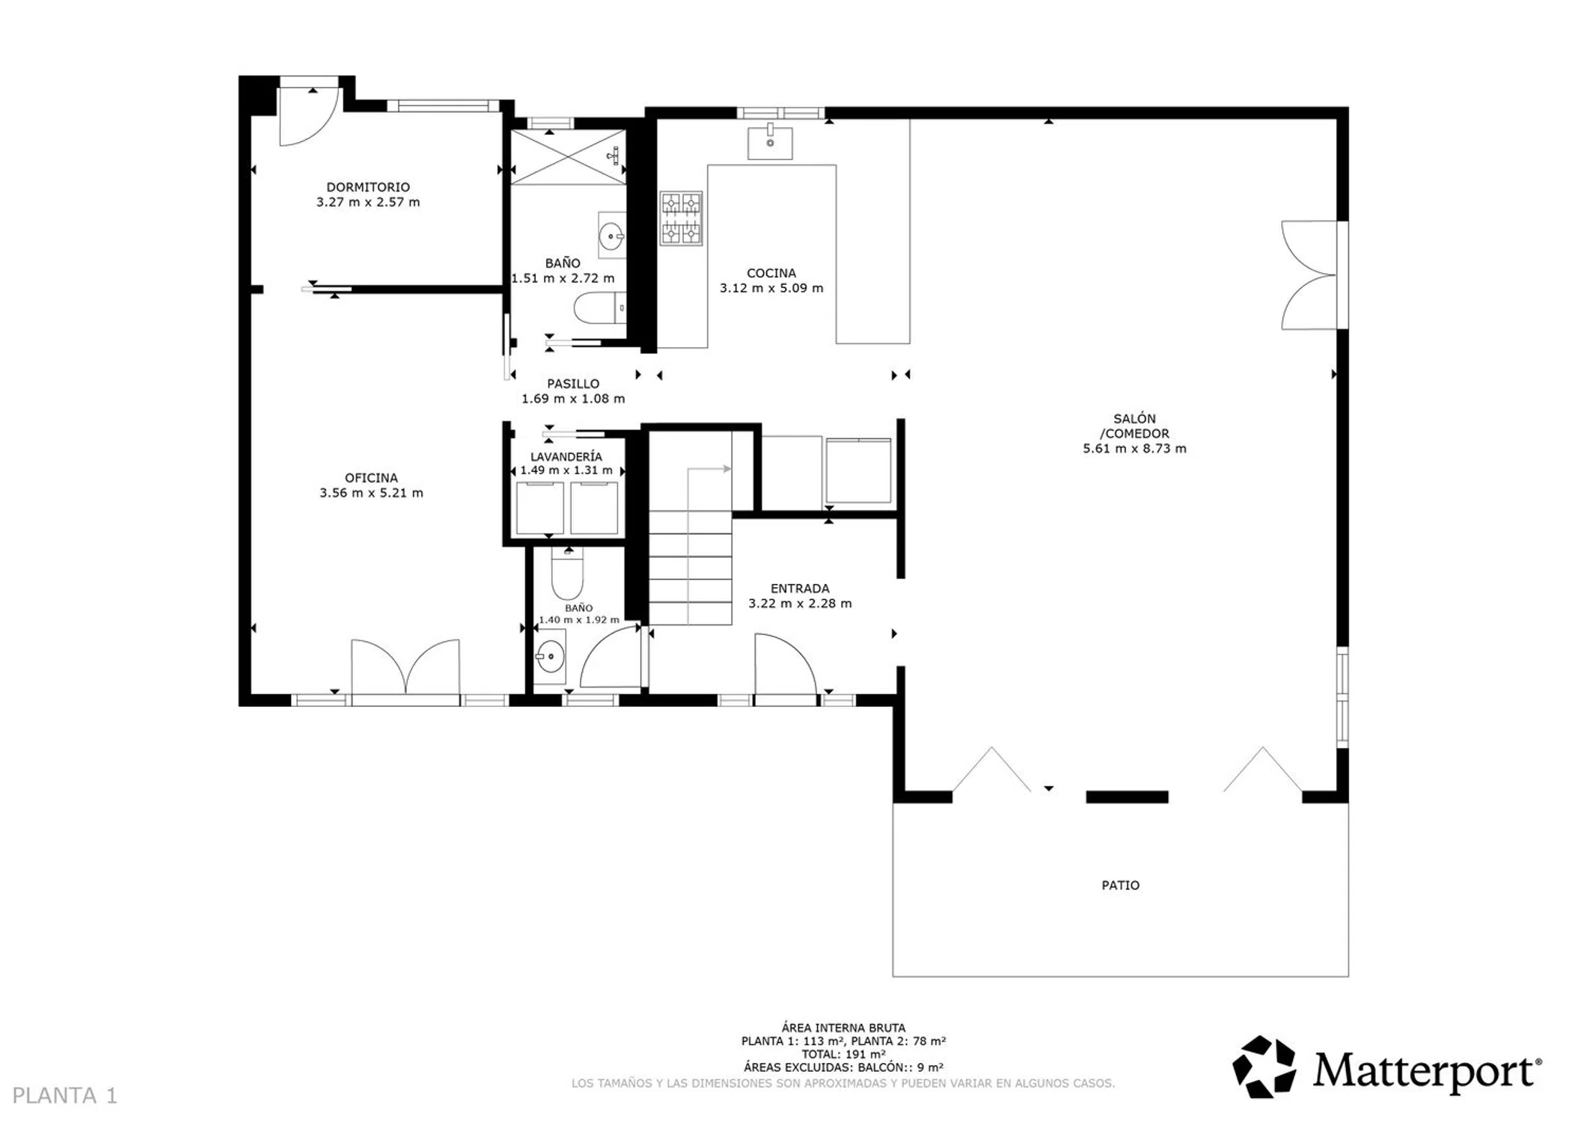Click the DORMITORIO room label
pos(367,187)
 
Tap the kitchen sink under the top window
pos(770,142)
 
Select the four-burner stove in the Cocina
pos(681,218)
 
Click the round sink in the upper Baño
pos(611,235)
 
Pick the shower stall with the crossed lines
pos(568,156)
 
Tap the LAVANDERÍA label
pos(566,456)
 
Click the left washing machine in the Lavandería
pos(539,508)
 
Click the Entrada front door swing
pos(785,664)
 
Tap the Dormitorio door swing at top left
pos(309,117)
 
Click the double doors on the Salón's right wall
pos(1309,275)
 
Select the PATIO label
pos(1120,886)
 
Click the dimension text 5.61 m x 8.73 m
pos(1134,449)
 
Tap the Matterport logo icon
pos(1264,1067)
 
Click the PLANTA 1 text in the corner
pos(65,1096)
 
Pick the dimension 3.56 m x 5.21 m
pos(371,493)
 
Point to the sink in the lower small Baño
pos(550,657)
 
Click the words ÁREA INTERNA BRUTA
pos(843,1028)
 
